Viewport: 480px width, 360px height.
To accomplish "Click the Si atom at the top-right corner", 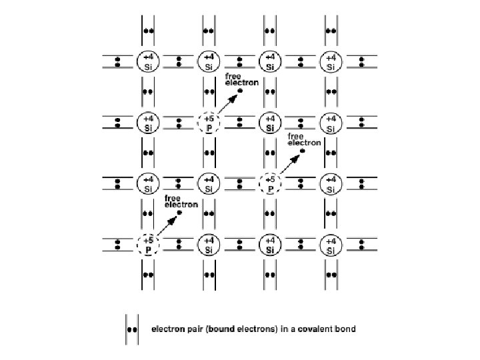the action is click(x=331, y=62).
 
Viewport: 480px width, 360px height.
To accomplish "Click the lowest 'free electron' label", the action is click(x=181, y=201).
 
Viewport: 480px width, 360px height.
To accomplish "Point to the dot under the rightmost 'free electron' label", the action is click(x=302, y=151).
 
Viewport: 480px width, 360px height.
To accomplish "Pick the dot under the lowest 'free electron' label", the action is click(x=179, y=213).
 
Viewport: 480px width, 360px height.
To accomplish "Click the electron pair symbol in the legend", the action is click(x=132, y=329).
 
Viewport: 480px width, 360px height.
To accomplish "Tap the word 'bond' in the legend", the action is click(x=345, y=329).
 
